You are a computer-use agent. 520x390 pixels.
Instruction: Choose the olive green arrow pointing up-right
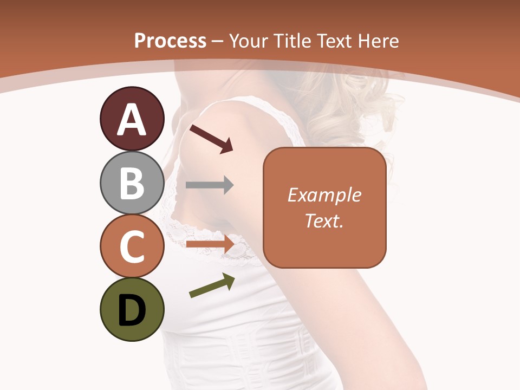click(x=212, y=285)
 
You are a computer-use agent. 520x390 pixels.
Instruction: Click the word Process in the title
click(x=170, y=41)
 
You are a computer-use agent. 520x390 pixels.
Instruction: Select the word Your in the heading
click(x=248, y=41)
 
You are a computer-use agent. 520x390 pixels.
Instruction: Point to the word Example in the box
click(x=324, y=195)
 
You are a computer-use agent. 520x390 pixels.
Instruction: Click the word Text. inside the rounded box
click(x=324, y=221)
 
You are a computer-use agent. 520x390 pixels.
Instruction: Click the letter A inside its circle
click(x=132, y=119)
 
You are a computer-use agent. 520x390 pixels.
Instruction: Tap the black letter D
click(x=132, y=310)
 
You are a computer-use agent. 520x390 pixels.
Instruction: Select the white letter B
click(x=132, y=183)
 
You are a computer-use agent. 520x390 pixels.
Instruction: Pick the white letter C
click(x=132, y=246)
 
